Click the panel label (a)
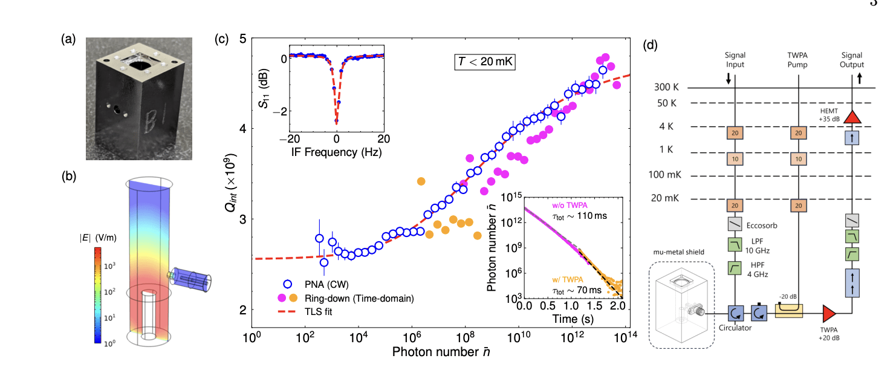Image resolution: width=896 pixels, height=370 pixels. click(68, 40)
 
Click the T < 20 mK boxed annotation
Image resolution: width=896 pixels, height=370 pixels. click(484, 62)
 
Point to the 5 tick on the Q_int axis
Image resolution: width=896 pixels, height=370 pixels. click(240, 38)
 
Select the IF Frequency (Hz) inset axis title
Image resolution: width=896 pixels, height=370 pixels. click(337, 152)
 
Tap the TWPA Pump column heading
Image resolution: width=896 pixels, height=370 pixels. click(799, 60)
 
